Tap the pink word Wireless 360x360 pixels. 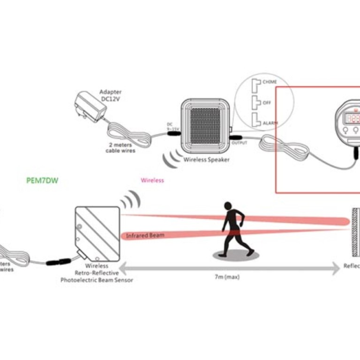152,179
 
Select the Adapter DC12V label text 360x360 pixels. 110,96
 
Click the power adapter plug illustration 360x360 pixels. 86,107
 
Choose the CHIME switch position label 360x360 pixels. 264,82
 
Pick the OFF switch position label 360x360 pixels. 261,102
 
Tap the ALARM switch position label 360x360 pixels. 265,123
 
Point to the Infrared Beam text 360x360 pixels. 145,236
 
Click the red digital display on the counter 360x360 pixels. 352,118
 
